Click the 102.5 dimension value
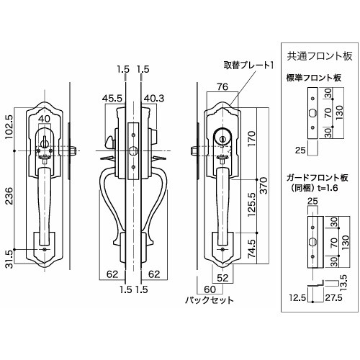(x=9, y=127)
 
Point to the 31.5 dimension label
(x=9, y=258)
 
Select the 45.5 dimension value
(x=112, y=99)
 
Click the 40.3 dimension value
(x=154, y=99)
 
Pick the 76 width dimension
(x=222, y=86)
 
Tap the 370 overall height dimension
(x=264, y=186)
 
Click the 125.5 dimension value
(x=252, y=204)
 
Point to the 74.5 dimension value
(x=252, y=248)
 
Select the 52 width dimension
(x=222, y=278)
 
